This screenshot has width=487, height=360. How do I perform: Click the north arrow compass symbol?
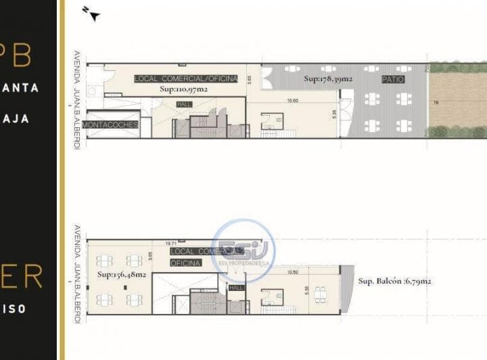coord(91,13)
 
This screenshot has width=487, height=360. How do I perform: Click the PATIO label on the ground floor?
coord(393,79)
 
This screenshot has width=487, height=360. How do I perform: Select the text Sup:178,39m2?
coord(328,78)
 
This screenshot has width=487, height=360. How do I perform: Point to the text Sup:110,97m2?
coord(184,89)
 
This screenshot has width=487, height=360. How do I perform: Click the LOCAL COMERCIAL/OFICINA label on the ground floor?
coord(186,78)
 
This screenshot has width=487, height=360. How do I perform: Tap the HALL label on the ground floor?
coord(183,104)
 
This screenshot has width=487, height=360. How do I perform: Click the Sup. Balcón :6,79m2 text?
coord(395,280)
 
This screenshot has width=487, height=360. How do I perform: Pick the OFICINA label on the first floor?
coord(185,263)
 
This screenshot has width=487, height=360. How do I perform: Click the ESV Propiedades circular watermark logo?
coord(243,250)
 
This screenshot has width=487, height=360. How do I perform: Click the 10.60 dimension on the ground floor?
coord(292,101)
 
